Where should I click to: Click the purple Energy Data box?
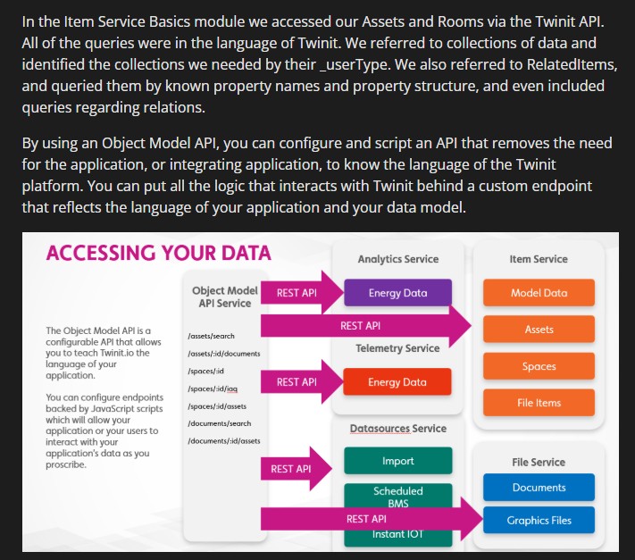(x=397, y=292)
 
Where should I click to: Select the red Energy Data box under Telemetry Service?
(x=397, y=381)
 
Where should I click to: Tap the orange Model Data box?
(x=539, y=292)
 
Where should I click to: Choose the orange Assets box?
(x=539, y=329)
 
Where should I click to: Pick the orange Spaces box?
(x=539, y=365)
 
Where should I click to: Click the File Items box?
(x=539, y=403)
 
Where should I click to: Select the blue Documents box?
(x=539, y=487)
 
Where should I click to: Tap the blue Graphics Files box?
(x=539, y=520)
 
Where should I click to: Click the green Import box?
(x=397, y=460)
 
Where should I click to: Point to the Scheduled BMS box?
(x=397, y=496)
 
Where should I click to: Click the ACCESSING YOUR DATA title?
(x=158, y=253)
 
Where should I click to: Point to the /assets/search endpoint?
(x=211, y=336)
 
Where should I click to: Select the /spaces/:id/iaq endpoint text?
(x=213, y=389)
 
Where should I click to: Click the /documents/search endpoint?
(x=219, y=423)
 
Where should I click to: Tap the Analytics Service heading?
(x=397, y=259)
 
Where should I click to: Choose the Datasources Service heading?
(x=397, y=429)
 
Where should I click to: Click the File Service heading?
(x=539, y=462)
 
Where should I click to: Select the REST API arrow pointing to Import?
(x=297, y=469)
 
